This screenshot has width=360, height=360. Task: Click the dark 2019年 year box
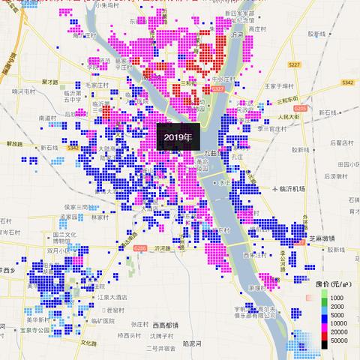pyautogui.click(x=178, y=138)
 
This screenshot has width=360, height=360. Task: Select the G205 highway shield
pyautogui.click(x=300, y=109)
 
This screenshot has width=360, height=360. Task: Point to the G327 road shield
pyautogui.click(x=217, y=89)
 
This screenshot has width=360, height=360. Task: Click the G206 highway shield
pyautogui.click(x=140, y=248)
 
